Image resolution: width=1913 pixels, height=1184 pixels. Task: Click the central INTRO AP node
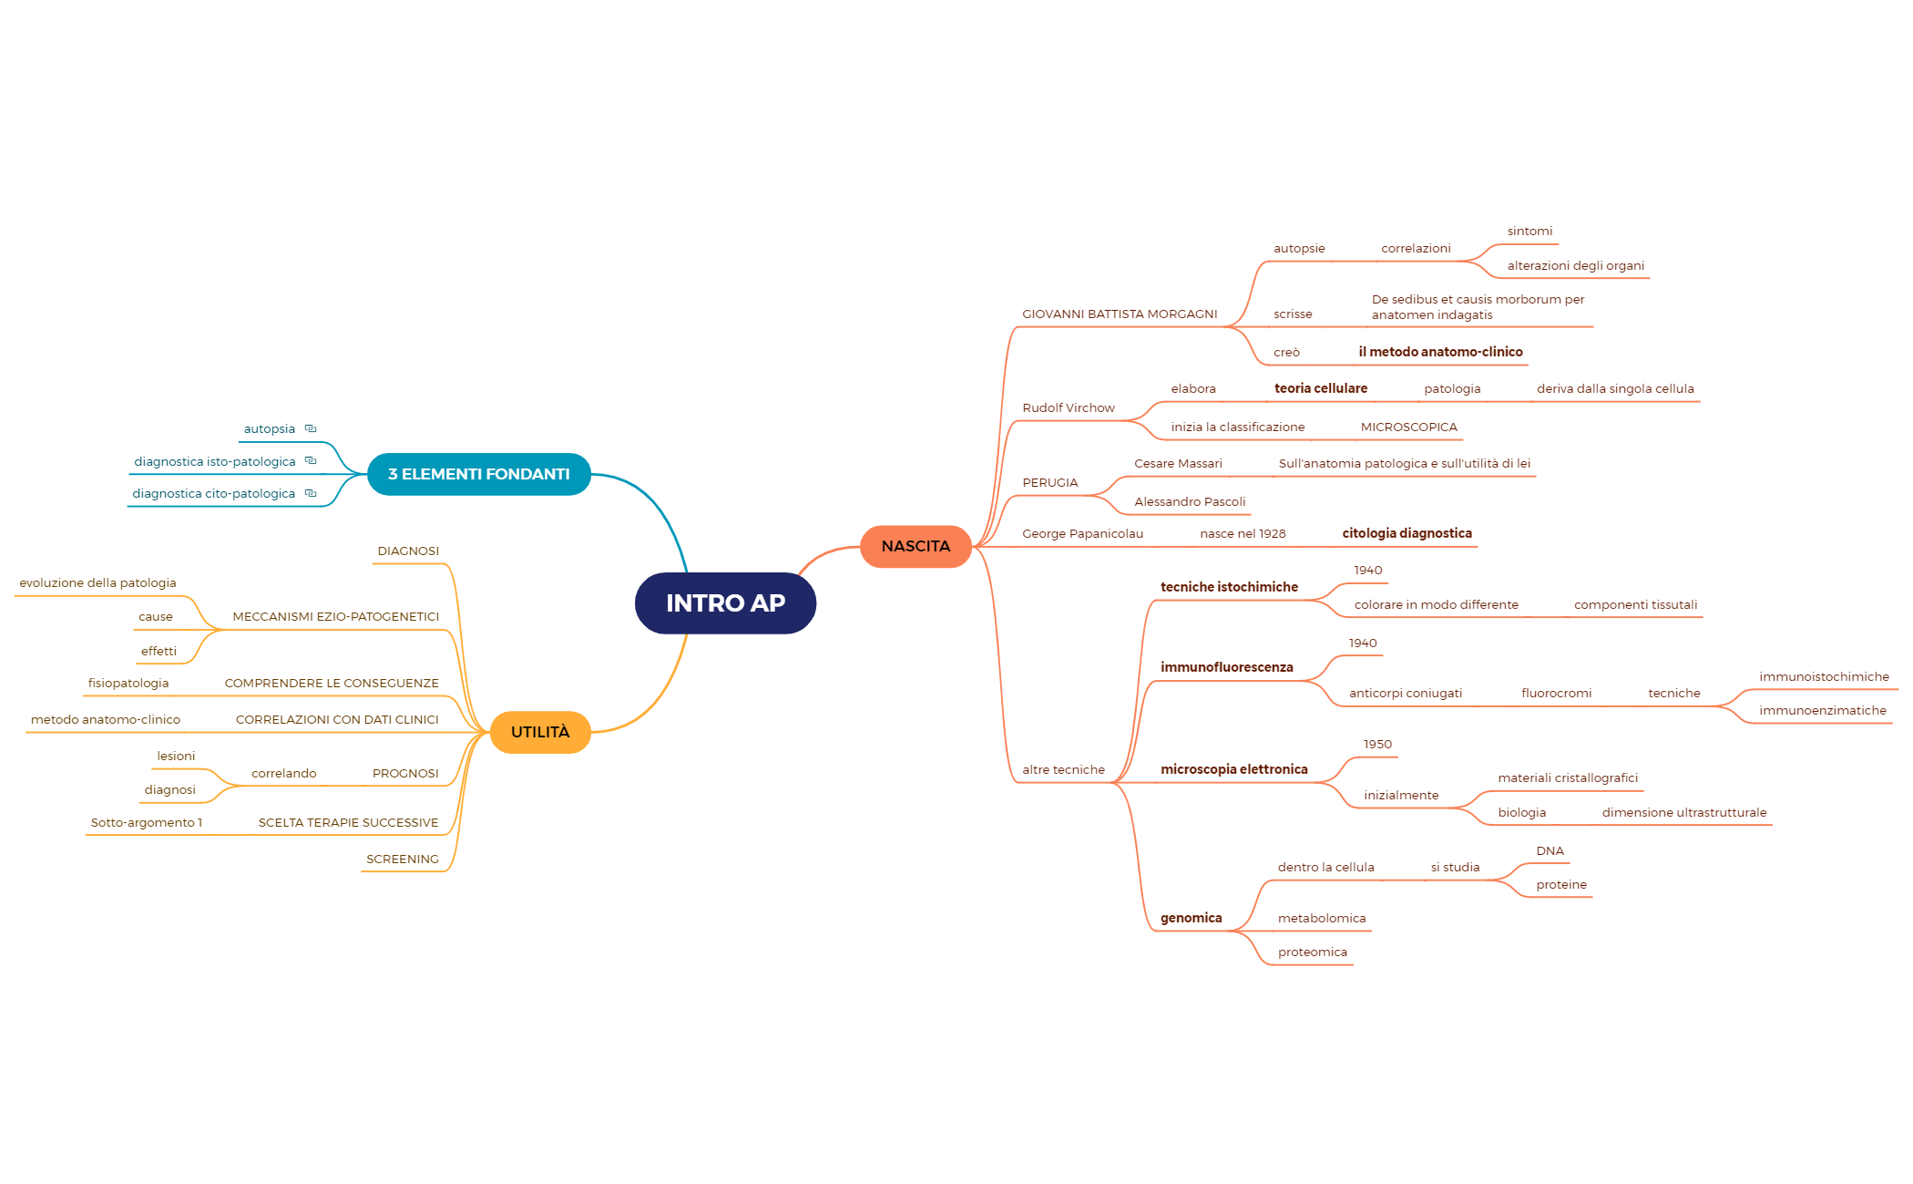pos(725,602)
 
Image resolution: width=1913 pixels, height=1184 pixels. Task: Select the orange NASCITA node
pos(916,546)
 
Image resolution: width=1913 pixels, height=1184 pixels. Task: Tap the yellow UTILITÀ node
pos(540,732)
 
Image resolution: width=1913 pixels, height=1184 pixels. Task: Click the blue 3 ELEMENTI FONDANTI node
pos(479,474)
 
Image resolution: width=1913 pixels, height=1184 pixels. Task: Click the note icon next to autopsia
pos(311,428)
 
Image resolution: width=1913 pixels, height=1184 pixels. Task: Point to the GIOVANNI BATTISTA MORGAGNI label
pos(1120,314)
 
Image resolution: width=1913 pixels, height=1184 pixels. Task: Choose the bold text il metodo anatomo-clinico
pos(1440,352)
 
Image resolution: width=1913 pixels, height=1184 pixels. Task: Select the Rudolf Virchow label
pos(1069,408)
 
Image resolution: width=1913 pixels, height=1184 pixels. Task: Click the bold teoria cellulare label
pos(1321,388)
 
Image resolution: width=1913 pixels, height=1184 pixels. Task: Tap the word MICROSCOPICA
pos(1409,427)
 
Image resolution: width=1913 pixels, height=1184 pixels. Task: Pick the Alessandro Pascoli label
pos(1190,502)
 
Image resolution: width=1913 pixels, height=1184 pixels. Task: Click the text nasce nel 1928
pos(1243,534)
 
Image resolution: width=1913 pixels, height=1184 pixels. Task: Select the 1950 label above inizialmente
pos(1377,745)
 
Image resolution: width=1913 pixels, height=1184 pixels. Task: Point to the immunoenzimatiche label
pos(1823,711)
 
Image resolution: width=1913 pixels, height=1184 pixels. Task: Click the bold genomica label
pos(1192,918)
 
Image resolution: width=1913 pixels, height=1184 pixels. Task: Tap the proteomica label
pos(1313,952)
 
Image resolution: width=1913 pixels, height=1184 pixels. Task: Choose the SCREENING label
pos(403,860)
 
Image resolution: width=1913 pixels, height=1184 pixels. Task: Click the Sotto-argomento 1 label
pos(147,823)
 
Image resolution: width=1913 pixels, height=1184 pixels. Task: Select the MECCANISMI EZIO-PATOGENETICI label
pos(336,617)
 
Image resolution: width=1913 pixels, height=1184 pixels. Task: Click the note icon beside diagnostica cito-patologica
pos(311,493)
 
